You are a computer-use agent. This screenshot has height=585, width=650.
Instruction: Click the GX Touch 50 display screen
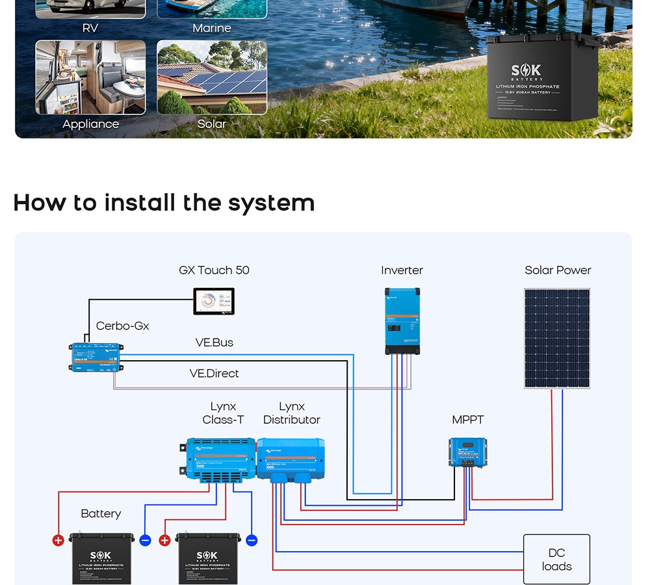click(x=214, y=301)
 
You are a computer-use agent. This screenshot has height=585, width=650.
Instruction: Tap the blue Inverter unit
click(x=402, y=320)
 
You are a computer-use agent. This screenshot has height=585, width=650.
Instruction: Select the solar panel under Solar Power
click(x=557, y=339)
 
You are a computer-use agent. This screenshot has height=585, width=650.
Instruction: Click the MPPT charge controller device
click(x=468, y=452)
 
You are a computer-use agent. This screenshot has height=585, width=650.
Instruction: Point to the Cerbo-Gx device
click(x=96, y=357)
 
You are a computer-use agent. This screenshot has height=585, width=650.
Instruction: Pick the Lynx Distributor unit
click(x=291, y=459)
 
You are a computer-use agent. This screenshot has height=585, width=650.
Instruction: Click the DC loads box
click(x=556, y=560)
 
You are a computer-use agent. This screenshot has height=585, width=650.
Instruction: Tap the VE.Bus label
click(x=214, y=343)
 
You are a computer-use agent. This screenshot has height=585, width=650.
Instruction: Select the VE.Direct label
click(x=214, y=373)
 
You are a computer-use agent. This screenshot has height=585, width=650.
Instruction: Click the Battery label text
click(x=101, y=513)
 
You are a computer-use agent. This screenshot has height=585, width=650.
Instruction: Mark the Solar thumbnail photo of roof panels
click(x=212, y=77)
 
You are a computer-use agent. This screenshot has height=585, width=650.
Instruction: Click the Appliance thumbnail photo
click(x=90, y=77)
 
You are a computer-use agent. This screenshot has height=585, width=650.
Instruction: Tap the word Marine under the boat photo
click(x=212, y=28)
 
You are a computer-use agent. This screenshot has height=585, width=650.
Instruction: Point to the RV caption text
click(x=90, y=28)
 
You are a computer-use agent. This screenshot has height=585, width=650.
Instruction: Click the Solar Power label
click(x=558, y=270)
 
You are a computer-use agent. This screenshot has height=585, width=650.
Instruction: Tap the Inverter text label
click(x=402, y=270)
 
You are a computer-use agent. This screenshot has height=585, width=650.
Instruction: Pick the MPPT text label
click(x=468, y=420)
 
